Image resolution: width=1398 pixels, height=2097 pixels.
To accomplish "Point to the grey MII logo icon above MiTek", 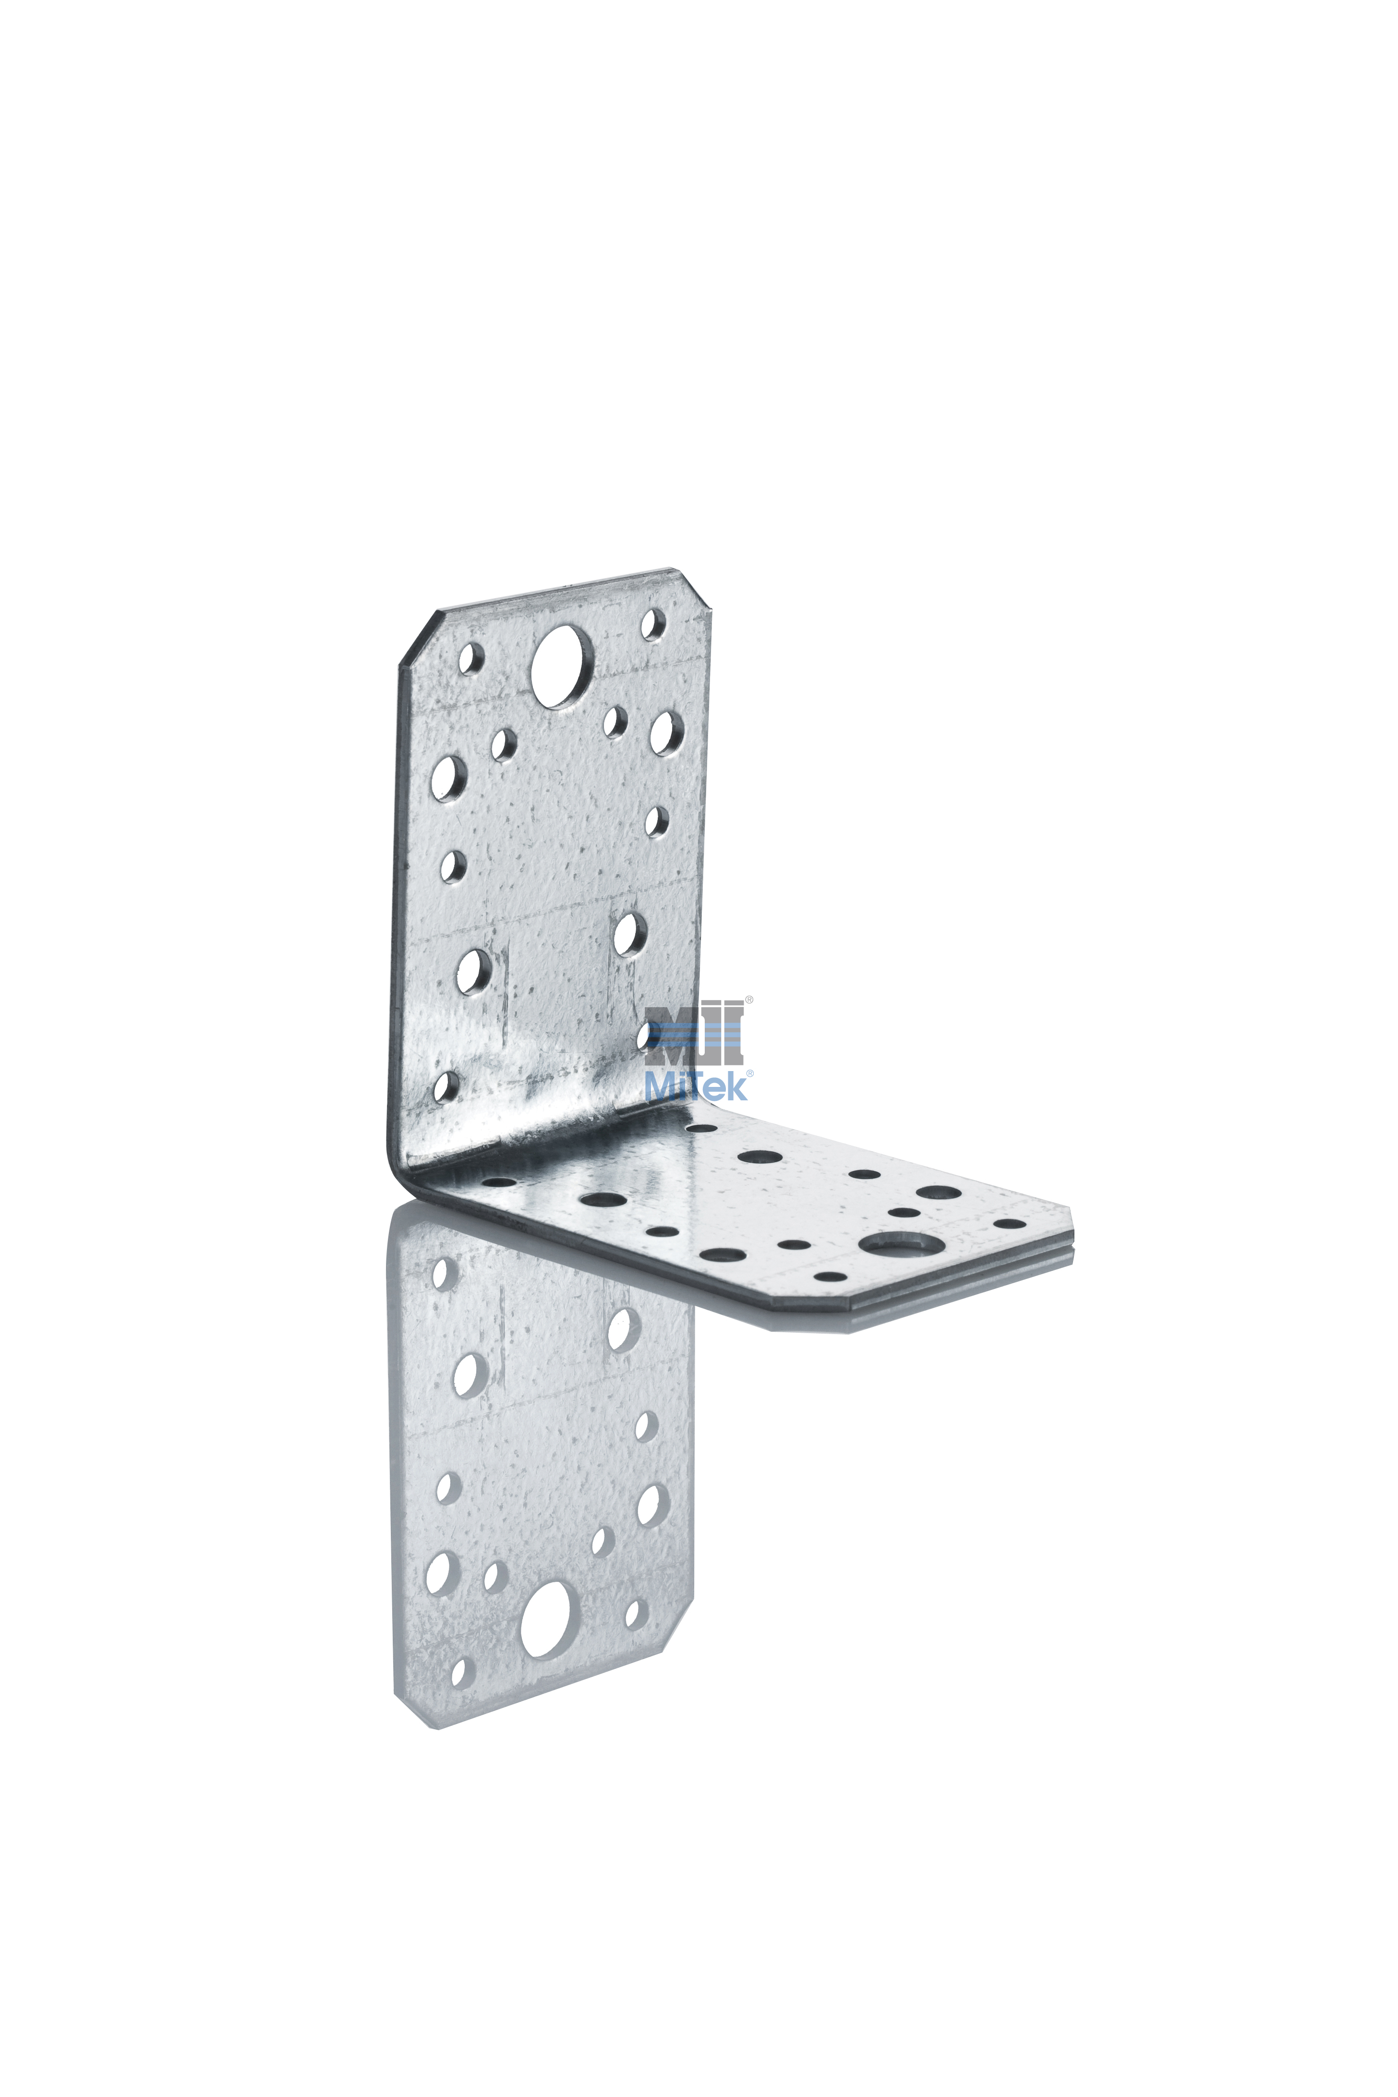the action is click(x=696, y=1034).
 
